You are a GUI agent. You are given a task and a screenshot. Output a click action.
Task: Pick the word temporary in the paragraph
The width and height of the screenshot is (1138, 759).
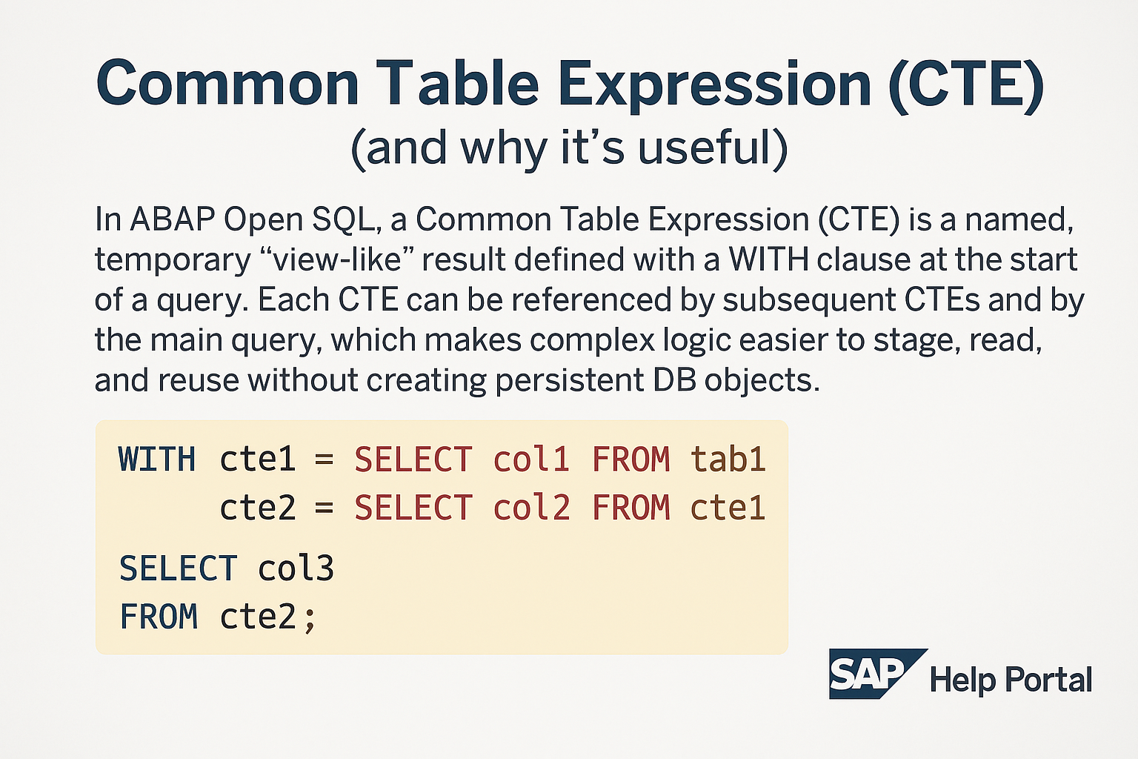173,259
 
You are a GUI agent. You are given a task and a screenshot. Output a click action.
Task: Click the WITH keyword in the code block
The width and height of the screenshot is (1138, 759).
157,460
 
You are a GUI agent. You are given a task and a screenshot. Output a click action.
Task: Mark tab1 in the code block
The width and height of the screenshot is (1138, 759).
728,460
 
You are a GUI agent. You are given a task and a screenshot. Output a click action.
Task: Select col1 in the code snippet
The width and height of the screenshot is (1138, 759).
531,460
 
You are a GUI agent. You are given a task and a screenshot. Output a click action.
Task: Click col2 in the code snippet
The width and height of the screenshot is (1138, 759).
531,508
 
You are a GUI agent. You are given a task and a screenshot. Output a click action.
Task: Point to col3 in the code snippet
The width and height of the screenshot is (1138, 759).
296,569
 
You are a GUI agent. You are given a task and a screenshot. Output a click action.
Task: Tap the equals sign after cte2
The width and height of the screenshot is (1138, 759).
324,508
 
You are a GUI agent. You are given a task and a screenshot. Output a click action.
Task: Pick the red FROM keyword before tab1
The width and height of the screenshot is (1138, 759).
630,460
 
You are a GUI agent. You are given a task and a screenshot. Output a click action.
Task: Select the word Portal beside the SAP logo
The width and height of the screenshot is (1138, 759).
1051,680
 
